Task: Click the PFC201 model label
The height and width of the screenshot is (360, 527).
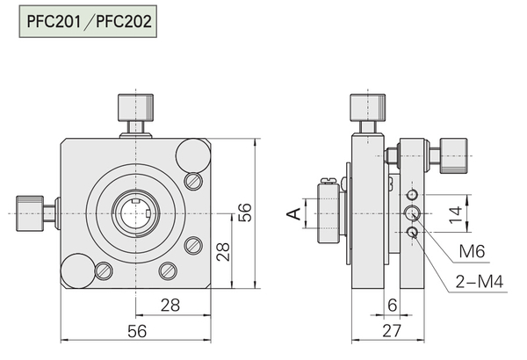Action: coord(54,21)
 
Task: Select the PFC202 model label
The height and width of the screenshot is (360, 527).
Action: coord(124,21)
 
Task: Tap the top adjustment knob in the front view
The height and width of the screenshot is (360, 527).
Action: coord(135,108)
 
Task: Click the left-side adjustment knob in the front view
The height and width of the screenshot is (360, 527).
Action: coord(30,213)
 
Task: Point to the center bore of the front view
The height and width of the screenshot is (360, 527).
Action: coord(136,213)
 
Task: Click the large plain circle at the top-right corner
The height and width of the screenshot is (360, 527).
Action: coord(193,155)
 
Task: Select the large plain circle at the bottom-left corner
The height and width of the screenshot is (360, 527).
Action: coord(78,271)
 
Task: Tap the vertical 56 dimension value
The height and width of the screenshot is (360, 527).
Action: coord(245,212)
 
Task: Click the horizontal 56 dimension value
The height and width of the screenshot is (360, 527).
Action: coord(137,331)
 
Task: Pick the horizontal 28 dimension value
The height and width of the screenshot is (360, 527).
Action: coord(170,306)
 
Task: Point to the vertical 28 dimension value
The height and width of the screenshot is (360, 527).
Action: coord(223,252)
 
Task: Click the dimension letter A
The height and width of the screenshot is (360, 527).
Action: coord(294,213)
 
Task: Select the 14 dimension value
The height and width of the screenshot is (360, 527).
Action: coord(456,215)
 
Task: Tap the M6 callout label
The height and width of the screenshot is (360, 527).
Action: coord(472,251)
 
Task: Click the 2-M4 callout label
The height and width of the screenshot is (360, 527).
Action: coord(480,282)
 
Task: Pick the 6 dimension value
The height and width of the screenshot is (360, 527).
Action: coord(393,306)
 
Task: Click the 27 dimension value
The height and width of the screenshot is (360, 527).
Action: coord(392,331)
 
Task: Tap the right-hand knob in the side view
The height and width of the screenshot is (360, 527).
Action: coord(453,155)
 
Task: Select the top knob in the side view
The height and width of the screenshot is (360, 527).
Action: coord(368,108)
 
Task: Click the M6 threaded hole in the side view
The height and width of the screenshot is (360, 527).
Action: coord(412,212)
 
